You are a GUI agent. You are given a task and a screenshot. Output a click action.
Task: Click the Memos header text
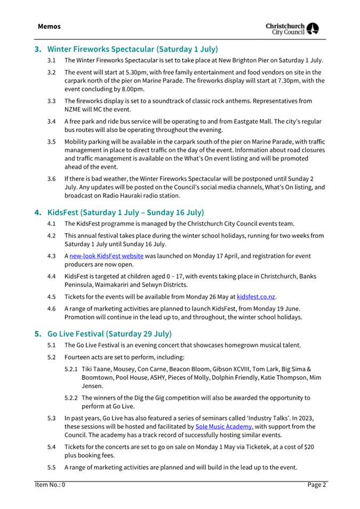click(49, 26)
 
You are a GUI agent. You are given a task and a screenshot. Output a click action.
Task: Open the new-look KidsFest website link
click(106, 256)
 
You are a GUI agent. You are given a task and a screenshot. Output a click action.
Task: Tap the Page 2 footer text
click(316, 484)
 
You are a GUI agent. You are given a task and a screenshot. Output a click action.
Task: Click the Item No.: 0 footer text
click(50, 484)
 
